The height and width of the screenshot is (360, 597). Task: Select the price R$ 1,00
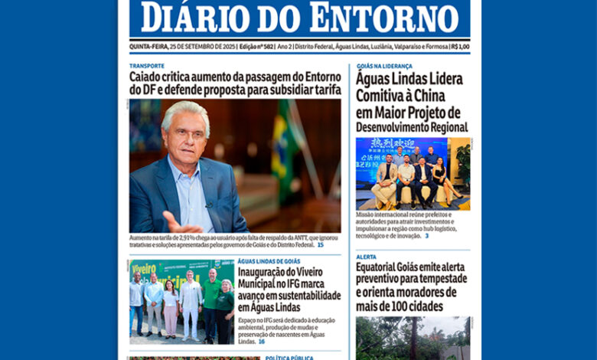(x=460, y=47)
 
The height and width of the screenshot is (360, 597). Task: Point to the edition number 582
(x=266, y=47)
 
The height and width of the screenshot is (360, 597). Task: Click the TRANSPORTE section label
(x=146, y=66)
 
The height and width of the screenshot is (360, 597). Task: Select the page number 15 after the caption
(x=320, y=245)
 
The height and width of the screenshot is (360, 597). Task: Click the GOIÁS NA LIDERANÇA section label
(x=384, y=66)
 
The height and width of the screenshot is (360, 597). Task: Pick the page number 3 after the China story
(x=426, y=236)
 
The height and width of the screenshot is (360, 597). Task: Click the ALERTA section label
(x=366, y=257)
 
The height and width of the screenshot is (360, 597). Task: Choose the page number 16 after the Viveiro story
(x=261, y=342)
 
